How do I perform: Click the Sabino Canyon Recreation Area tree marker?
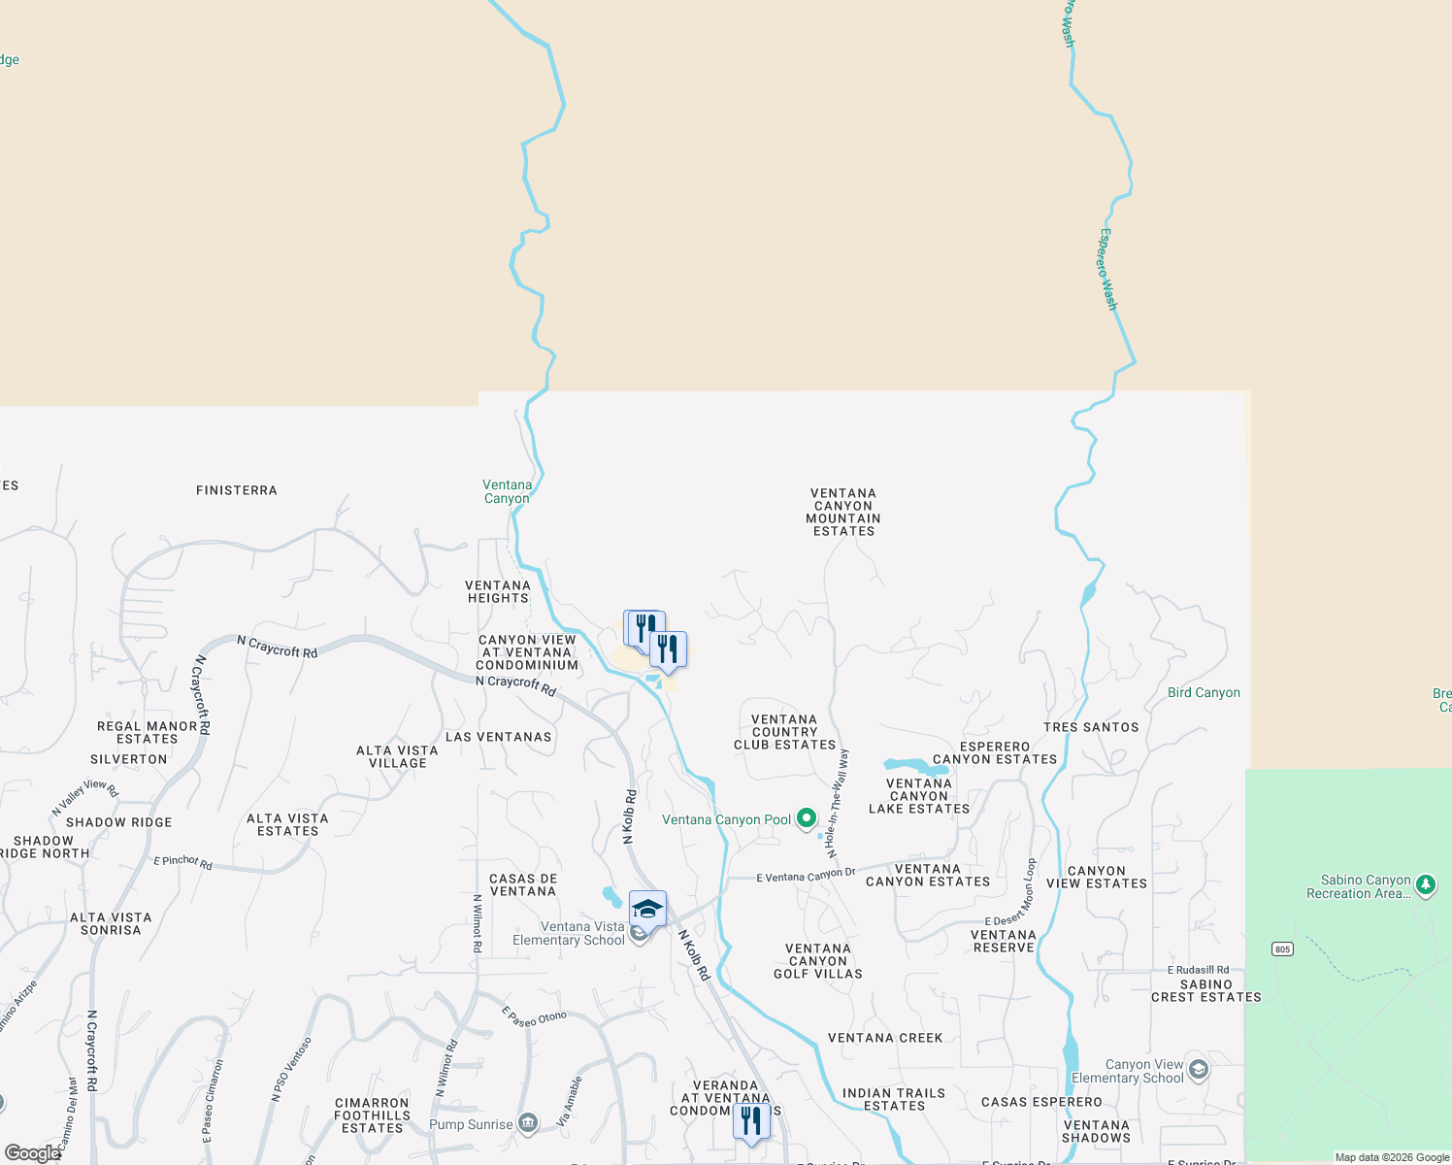click(x=1425, y=884)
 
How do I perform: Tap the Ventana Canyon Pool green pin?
click(x=806, y=818)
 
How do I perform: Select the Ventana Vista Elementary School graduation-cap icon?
click(x=647, y=910)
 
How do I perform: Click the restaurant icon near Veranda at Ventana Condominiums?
click(x=751, y=1121)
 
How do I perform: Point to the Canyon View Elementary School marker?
click(x=1198, y=1070)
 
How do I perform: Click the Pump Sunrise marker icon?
click(x=527, y=1124)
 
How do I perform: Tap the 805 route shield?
click(x=1282, y=949)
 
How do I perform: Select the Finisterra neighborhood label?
click(x=237, y=490)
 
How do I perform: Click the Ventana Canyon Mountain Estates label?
click(x=843, y=512)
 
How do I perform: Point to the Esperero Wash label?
click(x=1108, y=270)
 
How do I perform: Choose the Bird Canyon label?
click(x=1204, y=692)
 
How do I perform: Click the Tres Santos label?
click(x=1091, y=727)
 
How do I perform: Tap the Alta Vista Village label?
click(x=397, y=756)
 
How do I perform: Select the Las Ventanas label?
click(x=498, y=737)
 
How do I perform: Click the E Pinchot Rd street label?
click(x=182, y=861)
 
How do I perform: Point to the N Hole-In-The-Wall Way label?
click(x=837, y=803)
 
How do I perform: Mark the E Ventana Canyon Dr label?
click(x=806, y=876)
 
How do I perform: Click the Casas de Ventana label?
click(x=523, y=884)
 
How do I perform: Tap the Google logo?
click(x=32, y=1153)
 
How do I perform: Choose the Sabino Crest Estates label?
click(x=1206, y=990)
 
